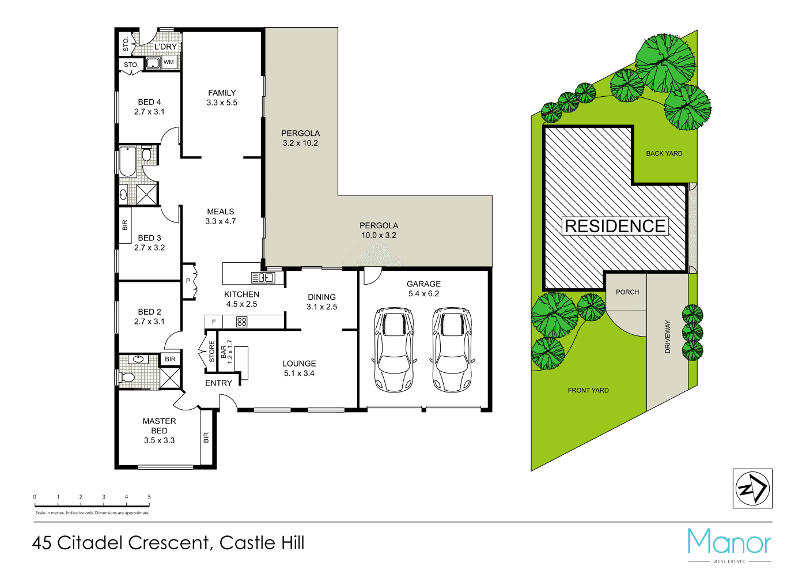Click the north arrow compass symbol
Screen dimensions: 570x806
[752, 489]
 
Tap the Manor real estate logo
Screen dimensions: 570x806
[729, 543]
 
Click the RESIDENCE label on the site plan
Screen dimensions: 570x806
[615, 226]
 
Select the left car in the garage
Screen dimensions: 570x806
[394, 349]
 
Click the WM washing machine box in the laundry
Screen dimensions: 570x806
[169, 62]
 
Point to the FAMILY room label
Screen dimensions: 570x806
[222, 93]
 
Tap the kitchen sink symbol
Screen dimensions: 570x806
[263, 278]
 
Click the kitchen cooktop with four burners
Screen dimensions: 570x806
[242, 322]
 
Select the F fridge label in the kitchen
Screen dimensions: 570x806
[214, 322]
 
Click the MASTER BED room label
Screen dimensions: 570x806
[159, 426]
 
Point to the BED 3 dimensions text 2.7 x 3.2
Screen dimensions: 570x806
[149, 248]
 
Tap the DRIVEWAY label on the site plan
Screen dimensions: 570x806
[668, 337]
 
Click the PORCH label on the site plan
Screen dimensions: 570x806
[627, 292]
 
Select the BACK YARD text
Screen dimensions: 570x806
[664, 153]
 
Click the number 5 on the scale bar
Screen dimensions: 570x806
[149, 497]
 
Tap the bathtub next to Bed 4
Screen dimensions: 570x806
[127, 161]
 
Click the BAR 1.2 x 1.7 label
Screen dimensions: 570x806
[226, 352]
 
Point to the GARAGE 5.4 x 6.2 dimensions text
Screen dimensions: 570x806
[423, 294]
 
